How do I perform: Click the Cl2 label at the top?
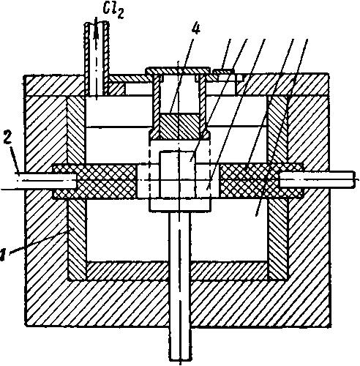pyautogui.click(x=113, y=11)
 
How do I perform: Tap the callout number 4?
pyautogui.click(x=196, y=29)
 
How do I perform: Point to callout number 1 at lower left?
pyautogui.click(x=2, y=255)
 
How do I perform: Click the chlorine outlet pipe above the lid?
pyautogui.click(x=97, y=59)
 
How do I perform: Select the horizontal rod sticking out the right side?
pyautogui.click(x=317, y=180)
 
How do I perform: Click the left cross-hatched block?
pyautogui.click(x=94, y=181)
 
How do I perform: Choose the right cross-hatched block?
pyautogui.click(x=261, y=181)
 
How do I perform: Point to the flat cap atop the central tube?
pyautogui.click(x=177, y=71)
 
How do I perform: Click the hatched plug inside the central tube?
pyautogui.click(x=179, y=126)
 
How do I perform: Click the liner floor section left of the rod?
pyautogui.click(x=128, y=271)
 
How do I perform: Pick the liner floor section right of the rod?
pyautogui.click(x=229, y=270)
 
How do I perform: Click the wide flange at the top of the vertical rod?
pyautogui.click(x=180, y=205)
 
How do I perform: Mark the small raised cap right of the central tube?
pyautogui.click(x=223, y=72)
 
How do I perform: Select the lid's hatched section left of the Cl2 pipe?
pyautogui.click(x=54, y=86)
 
